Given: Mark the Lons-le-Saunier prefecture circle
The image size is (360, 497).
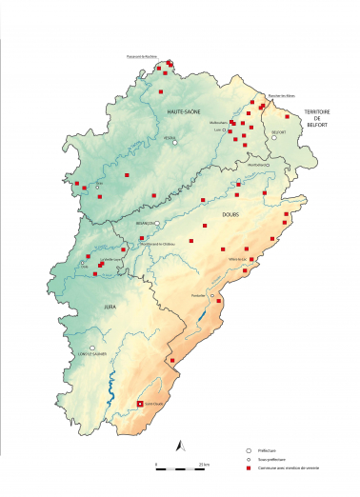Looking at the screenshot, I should tap(92, 348).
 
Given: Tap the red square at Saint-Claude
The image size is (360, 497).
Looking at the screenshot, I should tap(141, 404).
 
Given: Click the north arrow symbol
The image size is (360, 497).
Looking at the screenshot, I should tap(178, 445).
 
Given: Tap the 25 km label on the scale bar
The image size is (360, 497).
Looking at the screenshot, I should tap(204, 464).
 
